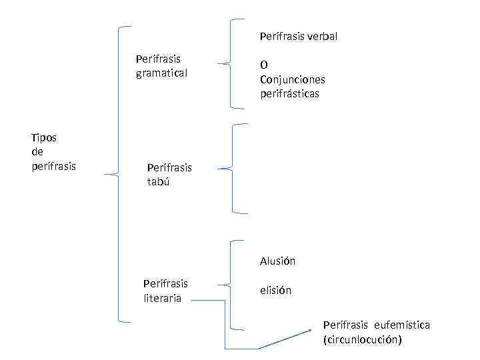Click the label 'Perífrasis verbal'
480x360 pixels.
(x=299, y=36)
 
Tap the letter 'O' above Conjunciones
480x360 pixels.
(x=264, y=65)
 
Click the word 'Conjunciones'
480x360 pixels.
(x=292, y=79)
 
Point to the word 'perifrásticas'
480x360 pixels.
(x=290, y=93)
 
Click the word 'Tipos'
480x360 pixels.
(x=44, y=137)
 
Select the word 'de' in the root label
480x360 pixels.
(x=37, y=151)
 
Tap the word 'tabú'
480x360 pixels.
(x=159, y=181)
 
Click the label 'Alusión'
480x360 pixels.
(x=277, y=261)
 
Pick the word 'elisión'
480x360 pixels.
(x=275, y=291)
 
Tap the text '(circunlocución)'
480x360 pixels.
(x=362, y=339)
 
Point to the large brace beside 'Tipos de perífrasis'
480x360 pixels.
(x=119, y=175)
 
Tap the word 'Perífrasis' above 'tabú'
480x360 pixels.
(x=169, y=167)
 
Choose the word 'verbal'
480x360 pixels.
(x=322, y=36)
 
